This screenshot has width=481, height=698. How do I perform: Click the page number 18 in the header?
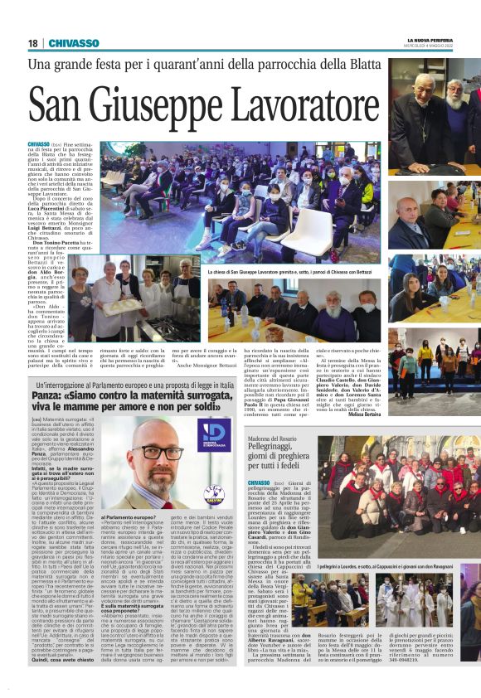point(32,42)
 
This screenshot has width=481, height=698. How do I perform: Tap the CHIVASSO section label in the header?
point(74,42)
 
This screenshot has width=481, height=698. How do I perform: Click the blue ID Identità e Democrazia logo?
point(213,435)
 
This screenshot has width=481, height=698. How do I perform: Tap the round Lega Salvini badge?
point(213,495)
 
